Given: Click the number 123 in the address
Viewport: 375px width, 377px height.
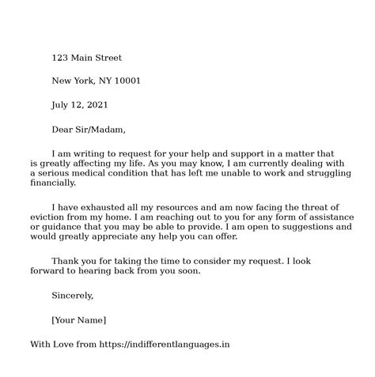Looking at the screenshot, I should [x=60, y=58].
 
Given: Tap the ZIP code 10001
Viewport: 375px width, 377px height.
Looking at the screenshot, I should [x=127, y=81].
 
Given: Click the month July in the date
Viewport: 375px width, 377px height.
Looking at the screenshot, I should [x=61, y=104].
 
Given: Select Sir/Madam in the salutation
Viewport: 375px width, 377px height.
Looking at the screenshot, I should [x=100, y=128].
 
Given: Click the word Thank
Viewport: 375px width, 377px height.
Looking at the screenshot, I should [x=66, y=261].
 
